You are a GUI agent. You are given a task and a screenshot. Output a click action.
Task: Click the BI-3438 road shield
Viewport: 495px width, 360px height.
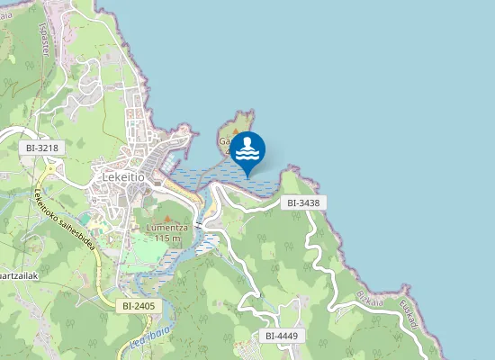click(x=303, y=203)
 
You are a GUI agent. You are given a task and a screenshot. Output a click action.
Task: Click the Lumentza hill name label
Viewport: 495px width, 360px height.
click(x=166, y=229)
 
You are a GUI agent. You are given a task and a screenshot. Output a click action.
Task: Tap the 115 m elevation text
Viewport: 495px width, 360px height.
click(x=167, y=238)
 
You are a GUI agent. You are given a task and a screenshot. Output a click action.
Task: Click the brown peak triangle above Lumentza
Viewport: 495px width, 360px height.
click(x=166, y=218)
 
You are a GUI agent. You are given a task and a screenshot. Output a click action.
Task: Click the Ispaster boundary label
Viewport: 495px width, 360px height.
click(x=43, y=40)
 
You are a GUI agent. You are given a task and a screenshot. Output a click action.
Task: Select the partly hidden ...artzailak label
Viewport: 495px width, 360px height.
click(x=18, y=275)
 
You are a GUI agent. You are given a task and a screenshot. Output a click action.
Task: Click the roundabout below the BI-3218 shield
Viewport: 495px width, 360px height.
click(x=51, y=168)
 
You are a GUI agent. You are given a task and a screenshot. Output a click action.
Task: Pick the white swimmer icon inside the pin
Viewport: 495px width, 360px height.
click(x=247, y=148)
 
